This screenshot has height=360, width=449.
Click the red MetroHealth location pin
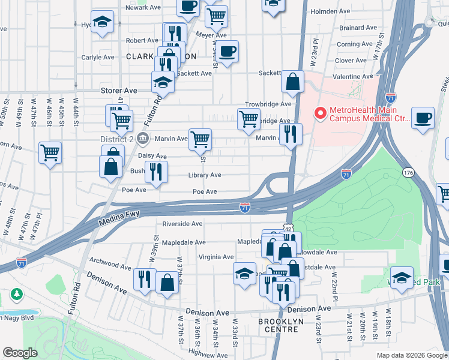coord(320,113)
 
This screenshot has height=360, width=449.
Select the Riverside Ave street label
coord(182,224)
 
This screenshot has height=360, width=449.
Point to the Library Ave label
coord(205,175)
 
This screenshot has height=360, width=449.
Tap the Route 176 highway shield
coord(409,173)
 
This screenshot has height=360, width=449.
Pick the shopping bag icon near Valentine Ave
coord(292,83)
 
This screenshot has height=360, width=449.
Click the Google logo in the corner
coord(20,352)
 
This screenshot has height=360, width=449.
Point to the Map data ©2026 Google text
coord(411,355)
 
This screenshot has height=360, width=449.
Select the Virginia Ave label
coord(215,257)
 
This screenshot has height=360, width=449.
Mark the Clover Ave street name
coord(351,61)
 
